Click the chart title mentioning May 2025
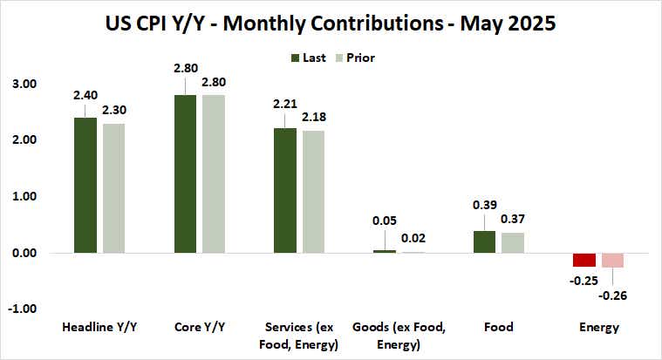pos(331,24)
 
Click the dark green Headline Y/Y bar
pos(85,185)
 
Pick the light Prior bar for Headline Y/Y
pos(113,187)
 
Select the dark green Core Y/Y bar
pos(185,173)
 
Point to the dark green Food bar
pos(484,241)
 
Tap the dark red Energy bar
pos(584,260)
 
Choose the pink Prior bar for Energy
pos(612,261)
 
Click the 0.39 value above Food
pos(484,204)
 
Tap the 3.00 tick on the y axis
pos(24,84)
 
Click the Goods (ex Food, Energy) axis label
pos(399,335)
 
